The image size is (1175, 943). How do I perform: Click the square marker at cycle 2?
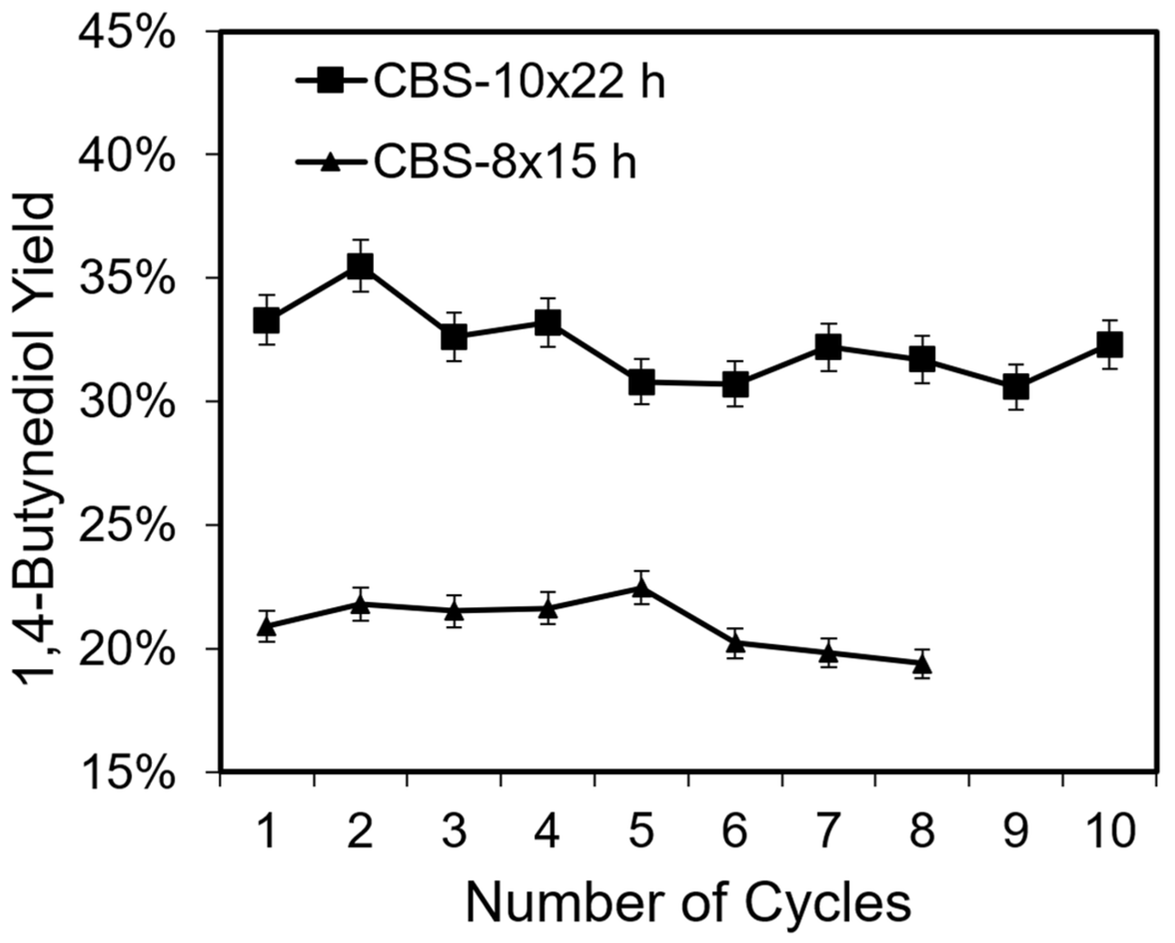[361, 266]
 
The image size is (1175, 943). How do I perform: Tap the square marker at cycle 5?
[641, 382]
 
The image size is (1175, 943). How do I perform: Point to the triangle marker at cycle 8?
[922, 665]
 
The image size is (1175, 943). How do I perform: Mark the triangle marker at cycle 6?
[735, 644]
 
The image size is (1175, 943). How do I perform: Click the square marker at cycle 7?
[828, 346]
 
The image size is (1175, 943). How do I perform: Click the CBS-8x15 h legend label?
[505, 162]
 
